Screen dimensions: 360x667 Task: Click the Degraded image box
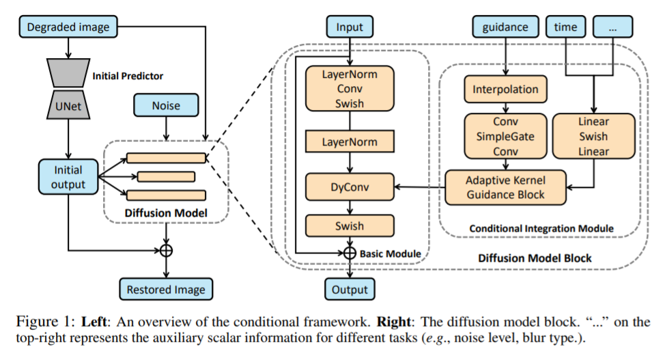point(67,27)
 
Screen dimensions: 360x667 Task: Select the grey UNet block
point(67,106)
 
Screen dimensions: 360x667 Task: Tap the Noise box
point(166,106)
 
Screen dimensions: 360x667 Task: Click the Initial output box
point(68,177)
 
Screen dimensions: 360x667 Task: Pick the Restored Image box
point(166,289)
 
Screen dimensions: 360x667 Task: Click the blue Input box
point(350,27)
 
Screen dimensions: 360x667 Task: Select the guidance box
point(505,27)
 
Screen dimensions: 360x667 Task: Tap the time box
point(565,27)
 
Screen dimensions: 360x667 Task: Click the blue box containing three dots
point(612,27)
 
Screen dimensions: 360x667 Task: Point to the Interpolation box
point(505,89)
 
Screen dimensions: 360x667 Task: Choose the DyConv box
point(350,184)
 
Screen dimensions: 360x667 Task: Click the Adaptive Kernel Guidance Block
point(505,187)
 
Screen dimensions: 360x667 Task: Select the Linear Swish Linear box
point(593,135)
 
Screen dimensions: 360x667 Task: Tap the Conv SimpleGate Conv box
point(505,136)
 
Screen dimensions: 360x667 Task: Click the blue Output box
point(350,289)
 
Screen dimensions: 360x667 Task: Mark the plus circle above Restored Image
point(166,250)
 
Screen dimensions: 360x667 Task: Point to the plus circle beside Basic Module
point(350,253)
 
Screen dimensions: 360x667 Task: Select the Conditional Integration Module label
point(541,227)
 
